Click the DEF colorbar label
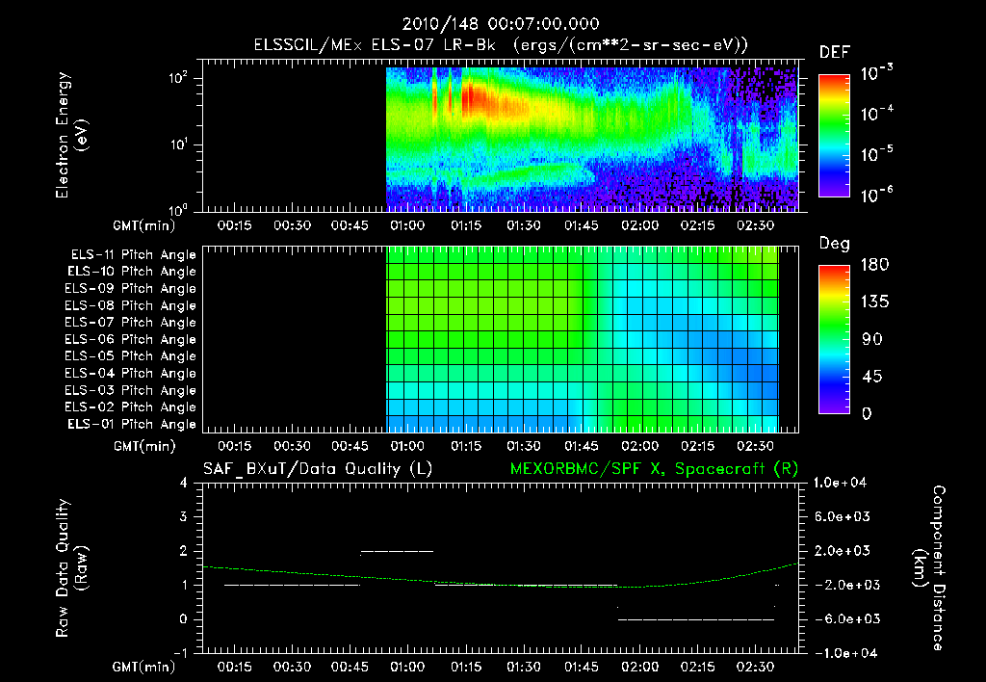point(834,52)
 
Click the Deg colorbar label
point(834,244)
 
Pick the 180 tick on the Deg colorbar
point(872,265)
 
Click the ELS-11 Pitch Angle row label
point(133,255)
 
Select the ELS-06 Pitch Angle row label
point(133,339)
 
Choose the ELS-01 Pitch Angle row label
point(133,424)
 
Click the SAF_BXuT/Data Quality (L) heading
point(317,469)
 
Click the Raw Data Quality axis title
point(71,567)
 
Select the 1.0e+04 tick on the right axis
point(843,484)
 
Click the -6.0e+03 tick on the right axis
point(841,618)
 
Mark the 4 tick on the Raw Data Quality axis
point(185,484)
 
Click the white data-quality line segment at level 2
point(397,551)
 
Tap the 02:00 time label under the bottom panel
point(640,667)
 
